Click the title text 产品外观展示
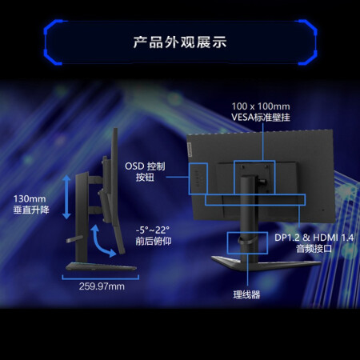tap(180, 42)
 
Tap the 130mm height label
tap(30, 198)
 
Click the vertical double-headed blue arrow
tap(66, 197)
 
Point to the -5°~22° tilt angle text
tap(153, 230)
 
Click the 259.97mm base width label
tap(102, 286)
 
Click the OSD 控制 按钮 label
tap(145, 171)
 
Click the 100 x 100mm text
tap(261, 106)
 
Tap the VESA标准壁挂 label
tap(261, 117)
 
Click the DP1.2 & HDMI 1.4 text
tap(314, 238)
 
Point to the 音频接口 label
tap(314, 249)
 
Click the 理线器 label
tap(246, 294)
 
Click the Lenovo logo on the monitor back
tap(190, 148)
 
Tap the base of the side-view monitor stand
tap(101, 266)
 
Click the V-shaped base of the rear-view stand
tap(266, 263)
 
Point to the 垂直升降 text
tap(31, 210)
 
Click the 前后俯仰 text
tap(154, 241)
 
